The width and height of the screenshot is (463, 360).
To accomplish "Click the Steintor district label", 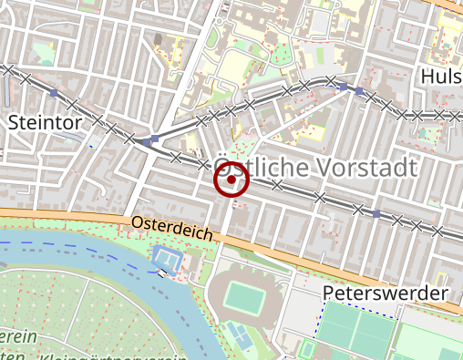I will [x=45, y=121].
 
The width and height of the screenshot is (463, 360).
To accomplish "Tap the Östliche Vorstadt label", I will [x=314, y=168].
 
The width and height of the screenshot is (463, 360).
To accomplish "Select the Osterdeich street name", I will [x=171, y=228].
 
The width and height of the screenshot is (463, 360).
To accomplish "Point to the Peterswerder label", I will [x=386, y=293].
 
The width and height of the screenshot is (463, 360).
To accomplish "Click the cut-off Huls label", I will [x=442, y=77].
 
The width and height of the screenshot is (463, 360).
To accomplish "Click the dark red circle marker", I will [x=231, y=180].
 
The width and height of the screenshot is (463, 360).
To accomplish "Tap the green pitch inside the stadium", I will [x=242, y=296].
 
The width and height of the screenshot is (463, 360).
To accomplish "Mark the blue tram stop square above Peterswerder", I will [x=376, y=214].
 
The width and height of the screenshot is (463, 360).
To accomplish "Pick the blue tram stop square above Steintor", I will [x=55, y=93].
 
